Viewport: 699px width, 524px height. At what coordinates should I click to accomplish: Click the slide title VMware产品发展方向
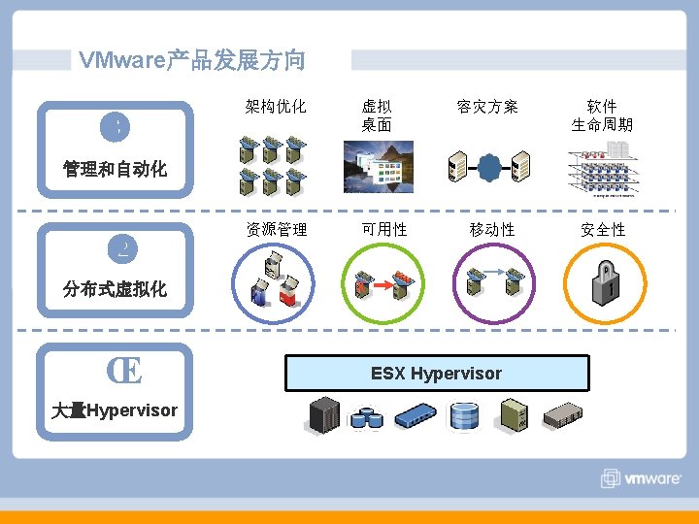pyautogui.click(x=191, y=60)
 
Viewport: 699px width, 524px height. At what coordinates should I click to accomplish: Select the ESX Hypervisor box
pyautogui.click(x=437, y=374)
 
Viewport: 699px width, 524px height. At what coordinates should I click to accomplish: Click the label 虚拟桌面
pyautogui.click(x=377, y=115)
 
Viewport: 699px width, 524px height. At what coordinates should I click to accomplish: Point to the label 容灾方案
pyautogui.click(x=487, y=107)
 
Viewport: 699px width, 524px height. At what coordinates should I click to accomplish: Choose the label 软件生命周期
pyautogui.click(x=602, y=115)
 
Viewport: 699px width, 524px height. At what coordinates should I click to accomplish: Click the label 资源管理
pyautogui.click(x=277, y=230)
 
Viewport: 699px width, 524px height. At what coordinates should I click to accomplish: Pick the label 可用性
pyautogui.click(x=383, y=230)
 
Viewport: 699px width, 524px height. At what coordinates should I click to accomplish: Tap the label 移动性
pyautogui.click(x=492, y=230)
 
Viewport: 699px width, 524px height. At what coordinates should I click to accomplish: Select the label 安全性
pyautogui.click(x=603, y=230)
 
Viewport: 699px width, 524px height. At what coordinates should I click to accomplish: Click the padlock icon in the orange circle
pyautogui.click(x=606, y=282)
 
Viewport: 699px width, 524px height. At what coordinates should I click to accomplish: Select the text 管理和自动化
pyautogui.click(x=115, y=170)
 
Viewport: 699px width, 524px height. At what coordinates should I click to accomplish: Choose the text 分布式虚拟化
pyautogui.click(x=115, y=289)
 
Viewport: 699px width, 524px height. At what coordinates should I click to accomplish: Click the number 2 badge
pyautogui.click(x=123, y=250)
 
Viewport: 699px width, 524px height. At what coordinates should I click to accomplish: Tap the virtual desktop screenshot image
pyautogui.click(x=378, y=167)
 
